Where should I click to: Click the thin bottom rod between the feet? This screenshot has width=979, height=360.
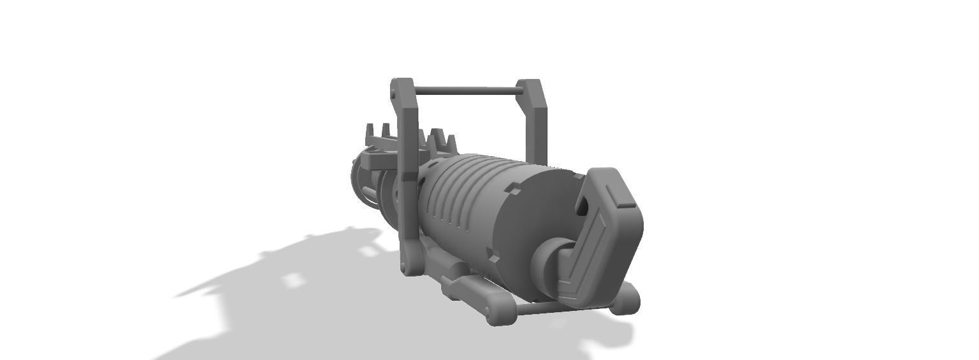click(539, 309)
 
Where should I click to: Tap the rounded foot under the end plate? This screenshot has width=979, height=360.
click(625, 298)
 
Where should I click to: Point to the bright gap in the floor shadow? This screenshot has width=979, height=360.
click(293, 280)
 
